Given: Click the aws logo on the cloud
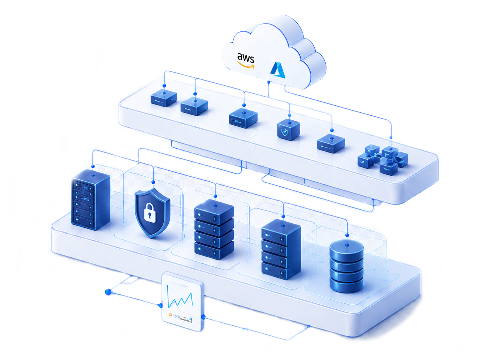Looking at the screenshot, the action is coord(246,60).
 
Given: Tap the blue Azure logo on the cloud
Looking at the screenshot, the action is coord(278,70).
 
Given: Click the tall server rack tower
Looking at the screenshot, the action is coord(90,200).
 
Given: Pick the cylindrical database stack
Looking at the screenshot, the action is coord(346,266).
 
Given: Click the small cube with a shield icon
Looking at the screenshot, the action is coord(288,130).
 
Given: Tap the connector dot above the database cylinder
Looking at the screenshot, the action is coord(347,235).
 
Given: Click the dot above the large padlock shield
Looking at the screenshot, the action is coord(153,182).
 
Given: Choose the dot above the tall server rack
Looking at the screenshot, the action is coord(93,166).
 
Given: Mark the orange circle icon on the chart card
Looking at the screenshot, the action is coord(170,315).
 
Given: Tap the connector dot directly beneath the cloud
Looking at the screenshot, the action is coord(269,82).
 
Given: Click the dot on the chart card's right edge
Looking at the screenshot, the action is coord(203,317).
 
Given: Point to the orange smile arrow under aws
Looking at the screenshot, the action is coord(246,65).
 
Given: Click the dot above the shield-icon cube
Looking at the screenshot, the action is coord(290,115).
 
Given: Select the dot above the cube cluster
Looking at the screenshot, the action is coord(391,137).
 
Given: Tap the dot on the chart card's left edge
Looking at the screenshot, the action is coord(161,305).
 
